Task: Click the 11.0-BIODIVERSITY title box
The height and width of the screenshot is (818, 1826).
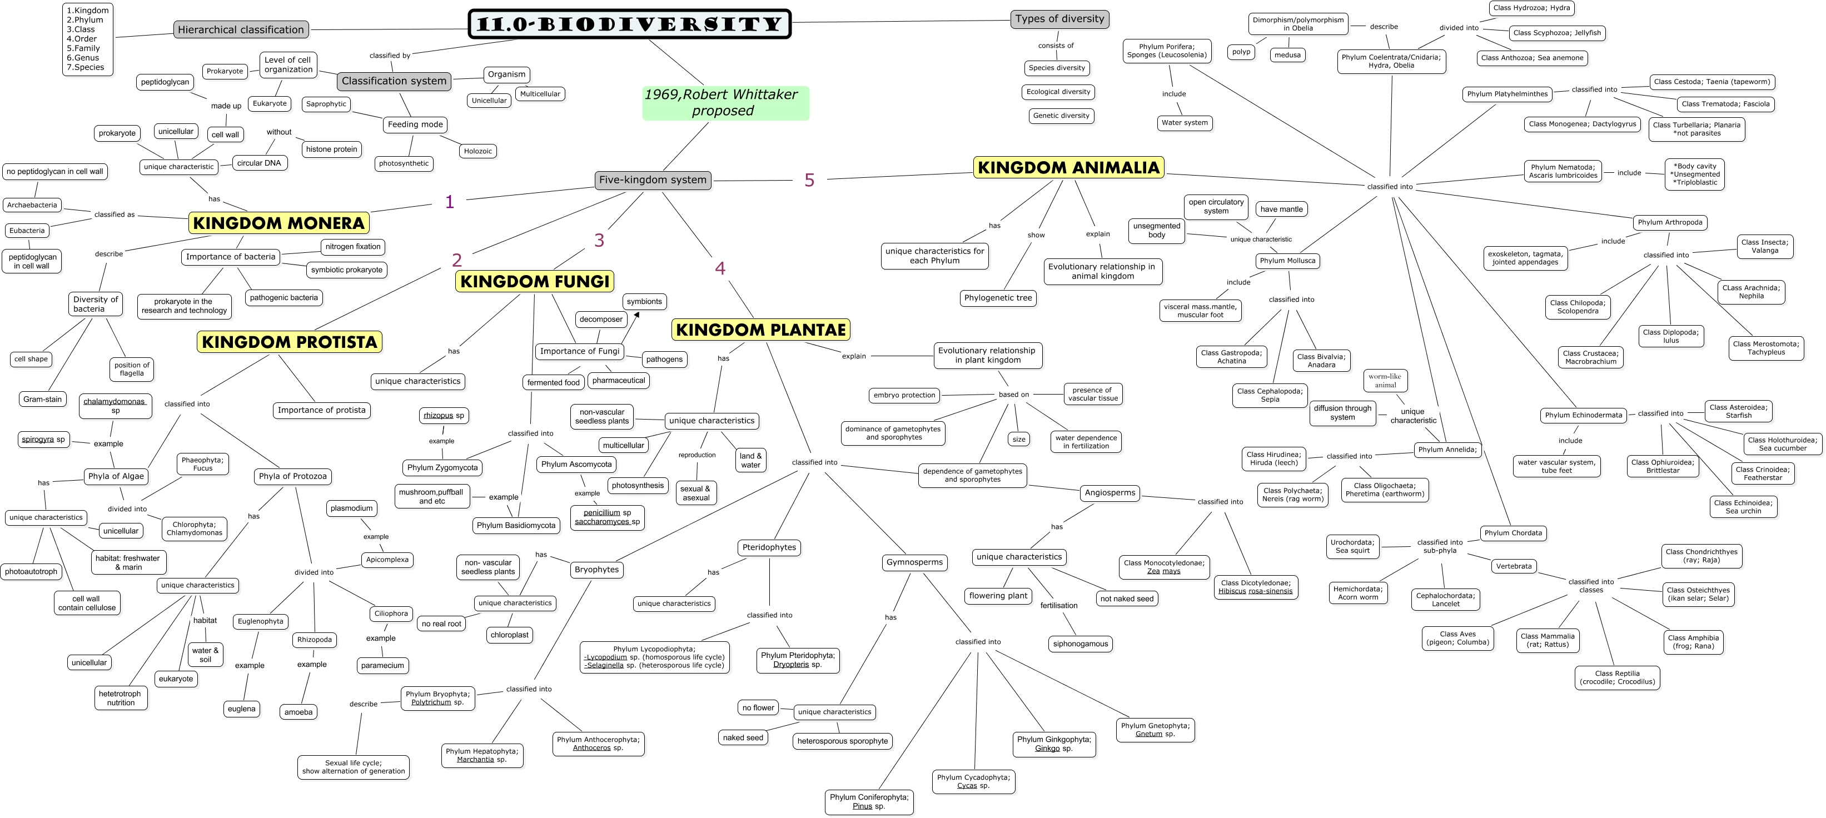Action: (x=629, y=24)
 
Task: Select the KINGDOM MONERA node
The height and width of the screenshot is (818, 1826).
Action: (x=278, y=223)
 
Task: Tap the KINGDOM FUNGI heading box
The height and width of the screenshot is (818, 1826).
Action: (x=535, y=281)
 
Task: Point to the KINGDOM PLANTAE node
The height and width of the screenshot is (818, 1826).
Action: (x=760, y=330)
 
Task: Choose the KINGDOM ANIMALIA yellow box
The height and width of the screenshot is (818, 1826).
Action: (x=1068, y=167)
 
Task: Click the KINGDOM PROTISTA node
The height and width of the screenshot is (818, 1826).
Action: (x=289, y=342)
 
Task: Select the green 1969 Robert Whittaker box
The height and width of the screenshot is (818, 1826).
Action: (x=725, y=103)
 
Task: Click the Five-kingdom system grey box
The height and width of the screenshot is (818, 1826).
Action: (x=652, y=180)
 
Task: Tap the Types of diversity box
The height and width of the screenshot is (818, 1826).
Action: (x=1059, y=19)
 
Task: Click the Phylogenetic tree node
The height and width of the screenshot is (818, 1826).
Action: (x=998, y=298)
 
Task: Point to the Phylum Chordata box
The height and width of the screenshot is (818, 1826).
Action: (x=1512, y=533)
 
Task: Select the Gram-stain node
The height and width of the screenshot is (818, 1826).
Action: (x=43, y=399)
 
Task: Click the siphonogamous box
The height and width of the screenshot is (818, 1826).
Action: (x=1079, y=644)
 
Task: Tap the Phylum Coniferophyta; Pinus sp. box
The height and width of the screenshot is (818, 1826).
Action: (x=868, y=802)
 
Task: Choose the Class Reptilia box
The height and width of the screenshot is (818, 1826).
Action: (x=1617, y=677)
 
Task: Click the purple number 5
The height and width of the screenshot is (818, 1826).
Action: (x=809, y=180)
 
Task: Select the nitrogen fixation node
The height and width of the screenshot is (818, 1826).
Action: (x=353, y=247)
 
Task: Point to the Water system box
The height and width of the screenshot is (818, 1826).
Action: (x=1185, y=123)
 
